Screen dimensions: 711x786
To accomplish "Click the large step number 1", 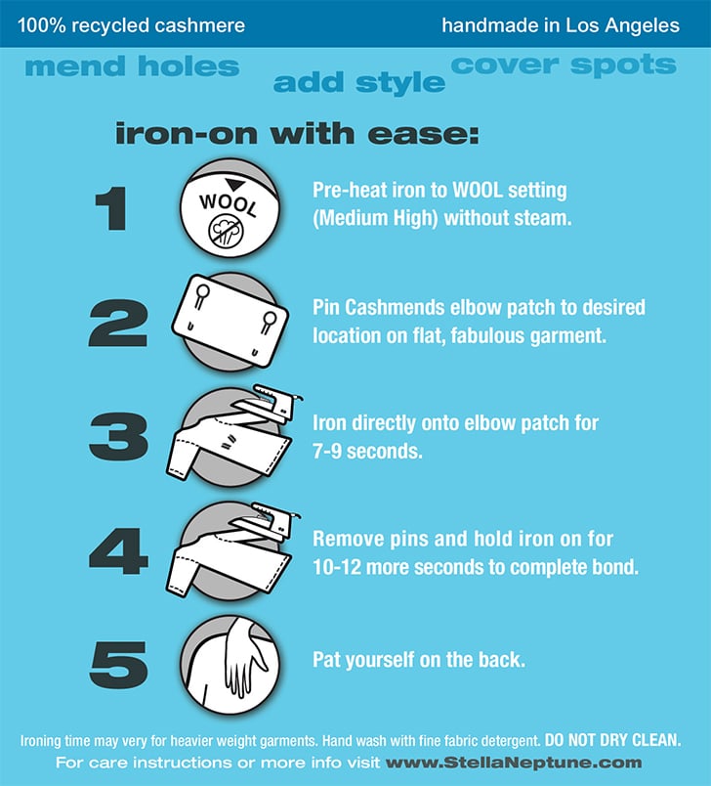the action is click(x=111, y=208).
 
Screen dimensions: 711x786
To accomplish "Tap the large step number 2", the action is click(x=118, y=323).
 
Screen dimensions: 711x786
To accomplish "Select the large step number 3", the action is click(x=119, y=436).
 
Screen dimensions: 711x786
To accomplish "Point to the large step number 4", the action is click(x=119, y=551).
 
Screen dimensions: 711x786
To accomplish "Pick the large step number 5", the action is click(x=119, y=665).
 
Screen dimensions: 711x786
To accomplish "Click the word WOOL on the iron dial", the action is click(x=229, y=204).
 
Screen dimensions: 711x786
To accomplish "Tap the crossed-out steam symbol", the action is click(x=226, y=232).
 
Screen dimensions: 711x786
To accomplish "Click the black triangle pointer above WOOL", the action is click(x=234, y=184).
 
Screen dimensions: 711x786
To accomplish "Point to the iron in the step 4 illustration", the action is click(x=268, y=519).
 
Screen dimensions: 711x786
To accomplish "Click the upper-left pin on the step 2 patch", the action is click(x=202, y=296).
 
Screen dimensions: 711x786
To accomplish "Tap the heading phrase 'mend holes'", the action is click(x=132, y=66).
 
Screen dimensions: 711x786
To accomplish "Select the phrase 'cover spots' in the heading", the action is click(x=564, y=65).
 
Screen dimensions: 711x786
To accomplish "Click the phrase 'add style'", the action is click(x=359, y=83).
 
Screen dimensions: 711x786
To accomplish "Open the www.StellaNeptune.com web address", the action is click(x=514, y=763).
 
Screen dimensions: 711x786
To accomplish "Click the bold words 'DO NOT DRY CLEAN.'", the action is click(x=613, y=740).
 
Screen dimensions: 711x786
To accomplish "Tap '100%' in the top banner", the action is click(x=42, y=25).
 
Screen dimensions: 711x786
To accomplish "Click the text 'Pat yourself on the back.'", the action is click(x=419, y=660).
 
